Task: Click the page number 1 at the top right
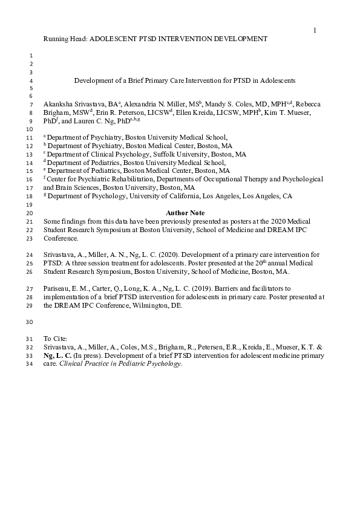(315, 30)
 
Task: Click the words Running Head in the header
(64, 39)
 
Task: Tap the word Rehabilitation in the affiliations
(123, 179)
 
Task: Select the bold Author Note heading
(185, 213)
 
